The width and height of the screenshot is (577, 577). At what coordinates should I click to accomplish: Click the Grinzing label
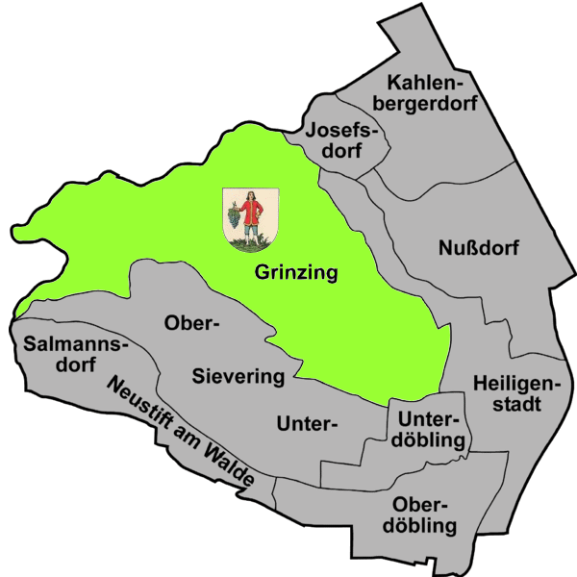[296, 273]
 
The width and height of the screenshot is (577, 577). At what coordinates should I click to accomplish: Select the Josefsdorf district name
[341, 139]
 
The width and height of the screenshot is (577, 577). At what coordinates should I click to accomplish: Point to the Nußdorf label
[478, 249]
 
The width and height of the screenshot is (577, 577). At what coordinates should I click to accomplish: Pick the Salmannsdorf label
[60, 353]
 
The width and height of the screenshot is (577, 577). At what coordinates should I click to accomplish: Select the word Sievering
[238, 375]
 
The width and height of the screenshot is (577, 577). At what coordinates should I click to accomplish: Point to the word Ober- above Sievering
[192, 322]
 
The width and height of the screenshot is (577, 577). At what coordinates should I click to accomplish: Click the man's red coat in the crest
[252, 212]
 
